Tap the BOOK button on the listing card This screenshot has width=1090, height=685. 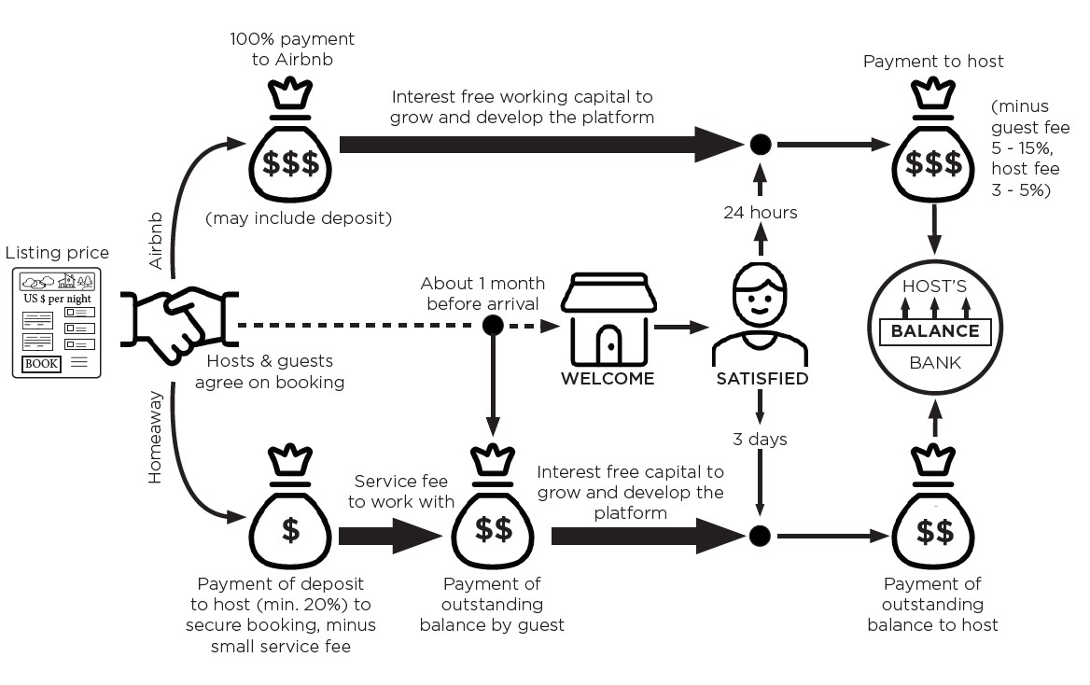tap(41, 363)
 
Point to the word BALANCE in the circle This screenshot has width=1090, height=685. tap(934, 330)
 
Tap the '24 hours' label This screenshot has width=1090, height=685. tap(761, 213)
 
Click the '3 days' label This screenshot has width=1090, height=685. tap(761, 439)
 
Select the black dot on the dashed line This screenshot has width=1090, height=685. tap(493, 325)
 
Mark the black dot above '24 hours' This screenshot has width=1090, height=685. tap(761, 145)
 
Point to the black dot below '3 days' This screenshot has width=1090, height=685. tap(761, 536)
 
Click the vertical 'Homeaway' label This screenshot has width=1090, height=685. tap(155, 437)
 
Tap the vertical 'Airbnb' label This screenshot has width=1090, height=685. tap(155, 241)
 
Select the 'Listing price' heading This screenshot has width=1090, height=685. tap(57, 253)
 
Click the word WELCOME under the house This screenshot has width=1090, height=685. tap(608, 379)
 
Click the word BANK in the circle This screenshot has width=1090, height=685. tap(934, 362)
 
